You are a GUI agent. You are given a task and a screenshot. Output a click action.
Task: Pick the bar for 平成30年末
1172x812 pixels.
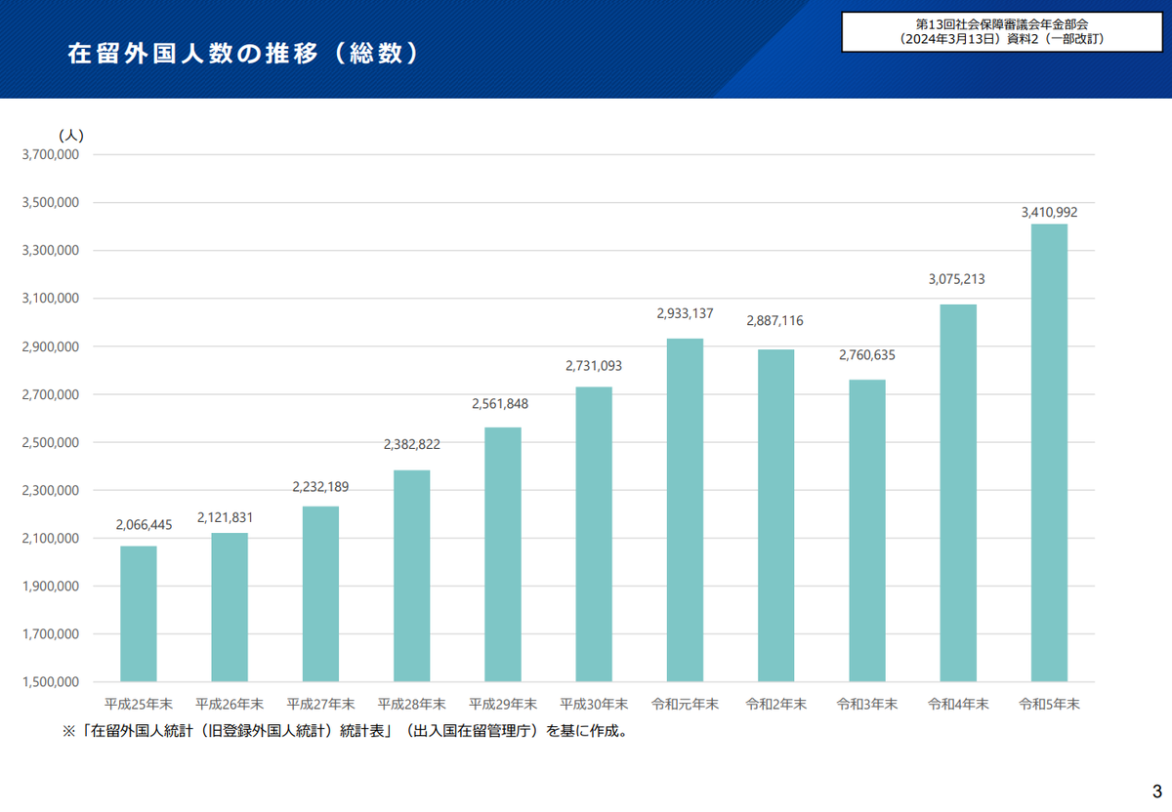tap(594, 534)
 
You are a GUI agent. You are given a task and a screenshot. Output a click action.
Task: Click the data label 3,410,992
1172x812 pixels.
tap(1049, 211)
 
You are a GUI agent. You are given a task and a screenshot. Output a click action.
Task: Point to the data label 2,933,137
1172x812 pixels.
tap(685, 313)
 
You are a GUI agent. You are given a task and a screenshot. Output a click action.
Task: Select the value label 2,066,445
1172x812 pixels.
tap(144, 525)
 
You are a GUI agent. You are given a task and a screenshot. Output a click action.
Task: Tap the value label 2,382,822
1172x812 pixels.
tap(411, 444)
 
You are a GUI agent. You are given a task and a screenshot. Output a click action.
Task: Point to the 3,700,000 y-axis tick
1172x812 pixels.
tap(50, 154)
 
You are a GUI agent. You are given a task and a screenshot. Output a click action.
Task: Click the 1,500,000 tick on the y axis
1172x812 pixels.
tap(50, 682)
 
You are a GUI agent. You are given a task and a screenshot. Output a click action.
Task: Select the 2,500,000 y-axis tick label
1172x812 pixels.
tap(50, 442)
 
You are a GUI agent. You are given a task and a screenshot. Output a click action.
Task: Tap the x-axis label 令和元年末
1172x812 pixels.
tap(685, 703)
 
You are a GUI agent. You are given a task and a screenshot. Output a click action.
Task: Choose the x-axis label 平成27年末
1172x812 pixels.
tap(320, 703)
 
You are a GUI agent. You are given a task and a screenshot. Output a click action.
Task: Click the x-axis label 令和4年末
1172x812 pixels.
tap(958, 703)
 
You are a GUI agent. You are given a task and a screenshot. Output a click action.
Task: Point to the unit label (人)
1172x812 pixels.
tap(71, 135)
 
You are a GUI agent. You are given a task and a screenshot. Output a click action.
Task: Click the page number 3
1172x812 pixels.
tap(1156, 790)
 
